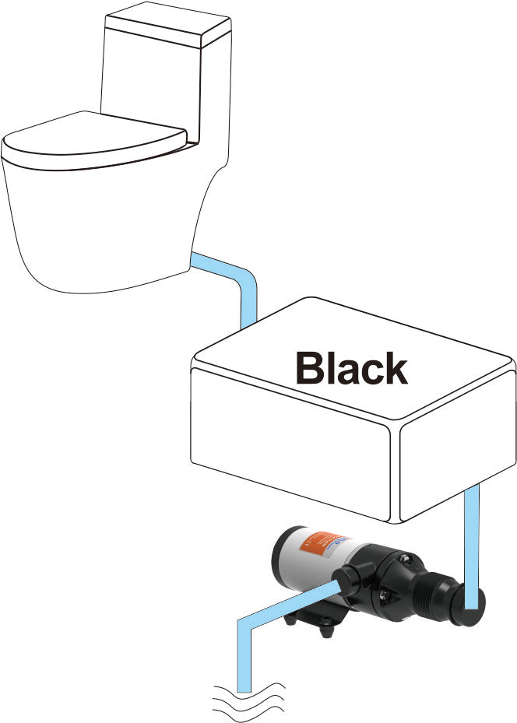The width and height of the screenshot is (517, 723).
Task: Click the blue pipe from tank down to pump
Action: tap(472, 545)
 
